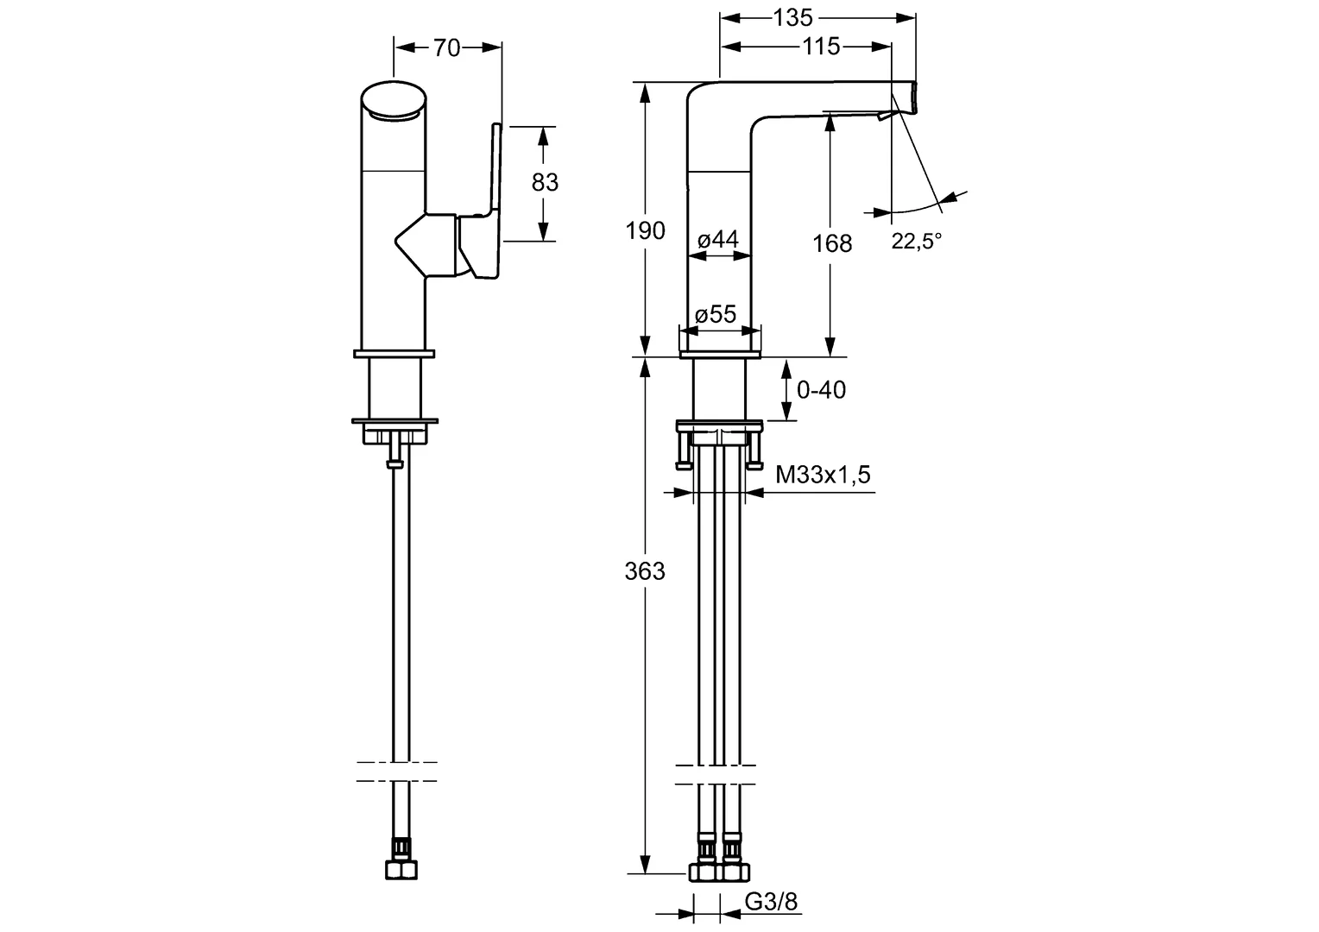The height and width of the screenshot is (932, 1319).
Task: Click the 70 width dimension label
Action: [x=446, y=48]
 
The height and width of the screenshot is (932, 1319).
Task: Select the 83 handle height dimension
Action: [x=545, y=182]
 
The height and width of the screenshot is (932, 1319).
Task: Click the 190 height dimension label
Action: [x=646, y=230]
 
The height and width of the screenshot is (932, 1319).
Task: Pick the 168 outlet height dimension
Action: [x=832, y=243]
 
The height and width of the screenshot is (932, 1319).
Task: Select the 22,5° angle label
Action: [x=916, y=242]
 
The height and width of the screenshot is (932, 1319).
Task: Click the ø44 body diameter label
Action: [x=717, y=240]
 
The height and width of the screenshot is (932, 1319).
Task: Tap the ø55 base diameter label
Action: [x=716, y=314]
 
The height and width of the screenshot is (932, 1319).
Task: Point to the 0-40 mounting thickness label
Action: [x=821, y=390]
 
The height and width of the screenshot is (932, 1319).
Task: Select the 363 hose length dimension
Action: [x=646, y=570]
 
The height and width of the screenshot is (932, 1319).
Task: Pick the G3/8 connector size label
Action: [x=772, y=903]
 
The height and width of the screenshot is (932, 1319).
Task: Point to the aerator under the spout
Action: [x=884, y=116]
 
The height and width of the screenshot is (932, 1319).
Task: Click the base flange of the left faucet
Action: [x=394, y=352]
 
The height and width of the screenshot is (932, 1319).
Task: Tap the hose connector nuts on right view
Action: [x=719, y=872]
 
